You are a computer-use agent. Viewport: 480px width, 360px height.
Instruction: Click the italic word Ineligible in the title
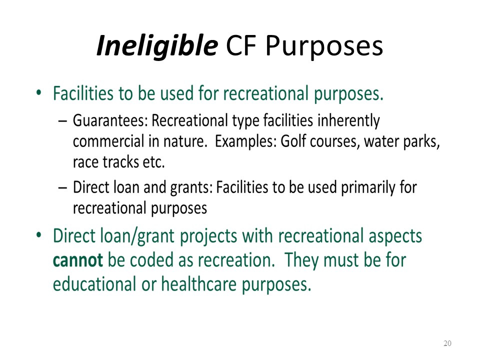pos(157,46)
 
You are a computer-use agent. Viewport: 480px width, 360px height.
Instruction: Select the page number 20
pos(447,343)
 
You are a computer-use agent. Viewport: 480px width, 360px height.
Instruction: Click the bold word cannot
pos(78,260)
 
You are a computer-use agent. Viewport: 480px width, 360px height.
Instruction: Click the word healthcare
pos(199,284)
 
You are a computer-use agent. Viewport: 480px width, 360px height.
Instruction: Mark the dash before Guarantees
pos(62,121)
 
